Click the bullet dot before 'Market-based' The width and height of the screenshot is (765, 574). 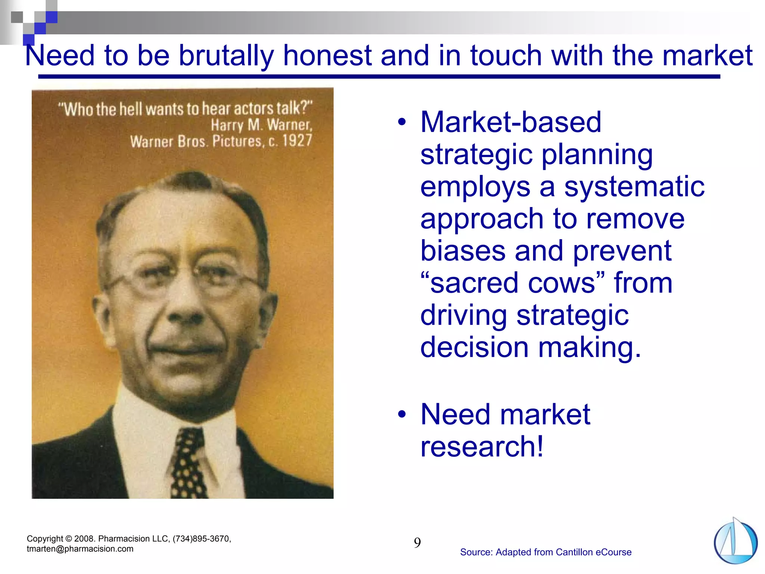(402, 122)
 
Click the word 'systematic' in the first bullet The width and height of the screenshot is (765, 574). (634, 186)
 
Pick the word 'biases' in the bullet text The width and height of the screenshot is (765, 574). (462, 251)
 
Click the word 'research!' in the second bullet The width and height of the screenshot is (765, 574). (481, 446)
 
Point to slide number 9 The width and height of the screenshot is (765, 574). (417, 543)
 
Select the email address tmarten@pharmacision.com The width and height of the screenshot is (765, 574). (80, 549)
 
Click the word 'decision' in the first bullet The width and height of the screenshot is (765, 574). (474, 347)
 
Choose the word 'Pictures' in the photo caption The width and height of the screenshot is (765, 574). (237, 141)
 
